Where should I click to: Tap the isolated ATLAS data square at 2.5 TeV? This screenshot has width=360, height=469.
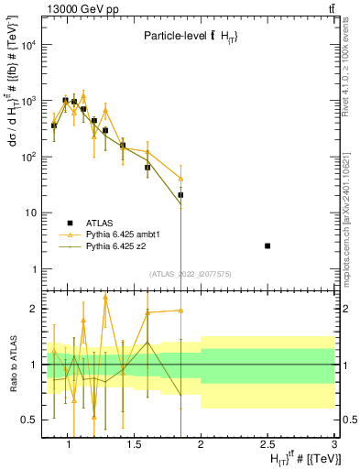point(267,245)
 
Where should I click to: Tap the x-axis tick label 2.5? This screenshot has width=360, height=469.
point(267,444)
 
